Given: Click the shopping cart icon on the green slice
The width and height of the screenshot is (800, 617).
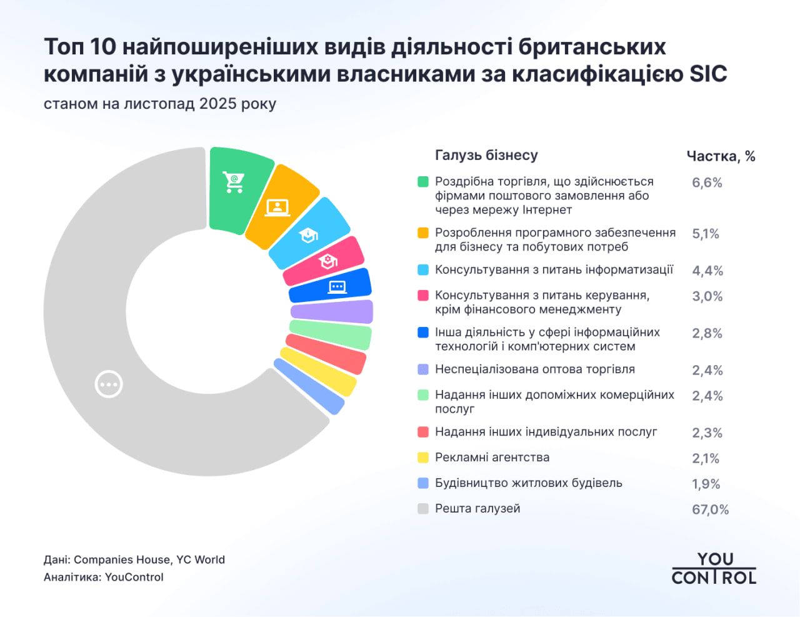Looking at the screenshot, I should tap(234, 182).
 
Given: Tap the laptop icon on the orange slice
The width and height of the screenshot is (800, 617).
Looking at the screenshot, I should tap(277, 207).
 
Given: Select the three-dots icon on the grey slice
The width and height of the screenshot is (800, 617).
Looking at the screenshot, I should tap(109, 384).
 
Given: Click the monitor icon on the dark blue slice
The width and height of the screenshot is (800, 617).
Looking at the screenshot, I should tap(337, 287).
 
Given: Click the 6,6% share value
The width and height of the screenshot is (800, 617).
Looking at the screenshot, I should tap(707, 183).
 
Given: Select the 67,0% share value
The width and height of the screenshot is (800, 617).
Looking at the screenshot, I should tap(710, 509).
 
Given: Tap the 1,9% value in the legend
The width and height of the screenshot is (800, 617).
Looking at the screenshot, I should tap(706, 484).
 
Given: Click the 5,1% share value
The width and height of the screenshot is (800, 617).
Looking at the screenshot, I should tap(706, 234).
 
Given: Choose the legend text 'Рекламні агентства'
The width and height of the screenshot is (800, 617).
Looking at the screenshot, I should tap(492, 458).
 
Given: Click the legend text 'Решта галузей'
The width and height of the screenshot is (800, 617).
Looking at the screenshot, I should tap(477, 509).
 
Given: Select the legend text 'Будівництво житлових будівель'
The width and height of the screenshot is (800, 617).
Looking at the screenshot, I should tap(528, 483).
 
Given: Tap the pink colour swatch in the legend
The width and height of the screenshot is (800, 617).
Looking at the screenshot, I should tap(423, 295).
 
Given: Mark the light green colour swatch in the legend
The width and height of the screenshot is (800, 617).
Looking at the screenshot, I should tap(423, 395).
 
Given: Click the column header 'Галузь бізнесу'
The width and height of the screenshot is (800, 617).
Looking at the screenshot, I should tap(486, 155).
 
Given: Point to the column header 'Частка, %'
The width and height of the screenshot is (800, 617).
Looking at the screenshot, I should tap(721, 156).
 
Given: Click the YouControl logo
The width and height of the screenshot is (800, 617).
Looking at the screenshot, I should tap(714, 568).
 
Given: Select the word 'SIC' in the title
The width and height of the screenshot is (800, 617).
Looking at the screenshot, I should tap(708, 74).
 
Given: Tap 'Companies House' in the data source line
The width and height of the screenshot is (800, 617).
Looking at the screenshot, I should tap(121, 559).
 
